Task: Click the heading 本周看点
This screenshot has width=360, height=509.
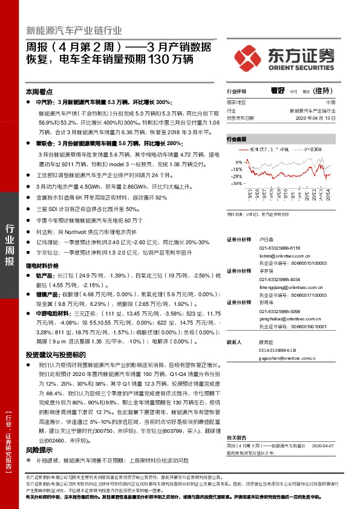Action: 38,91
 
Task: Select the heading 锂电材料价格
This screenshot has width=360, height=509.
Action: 42,265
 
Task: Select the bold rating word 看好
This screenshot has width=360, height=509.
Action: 278,90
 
